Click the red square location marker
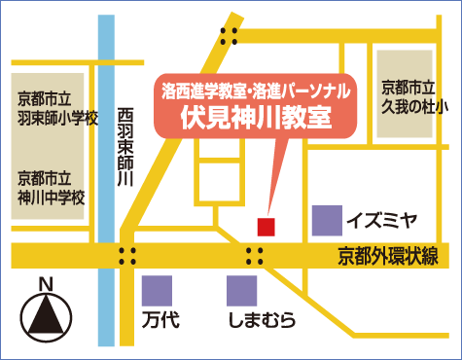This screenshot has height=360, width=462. (x=266, y=226)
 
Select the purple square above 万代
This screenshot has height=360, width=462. (x=157, y=291)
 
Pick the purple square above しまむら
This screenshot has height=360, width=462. (x=241, y=291)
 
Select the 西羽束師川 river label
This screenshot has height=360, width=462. (x=124, y=146)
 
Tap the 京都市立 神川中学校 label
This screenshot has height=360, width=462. (x=52, y=187)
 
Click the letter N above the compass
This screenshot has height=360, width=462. (x=44, y=284)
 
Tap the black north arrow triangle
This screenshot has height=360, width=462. (x=45, y=314)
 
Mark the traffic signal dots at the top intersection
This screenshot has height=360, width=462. (x=231, y=36)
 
